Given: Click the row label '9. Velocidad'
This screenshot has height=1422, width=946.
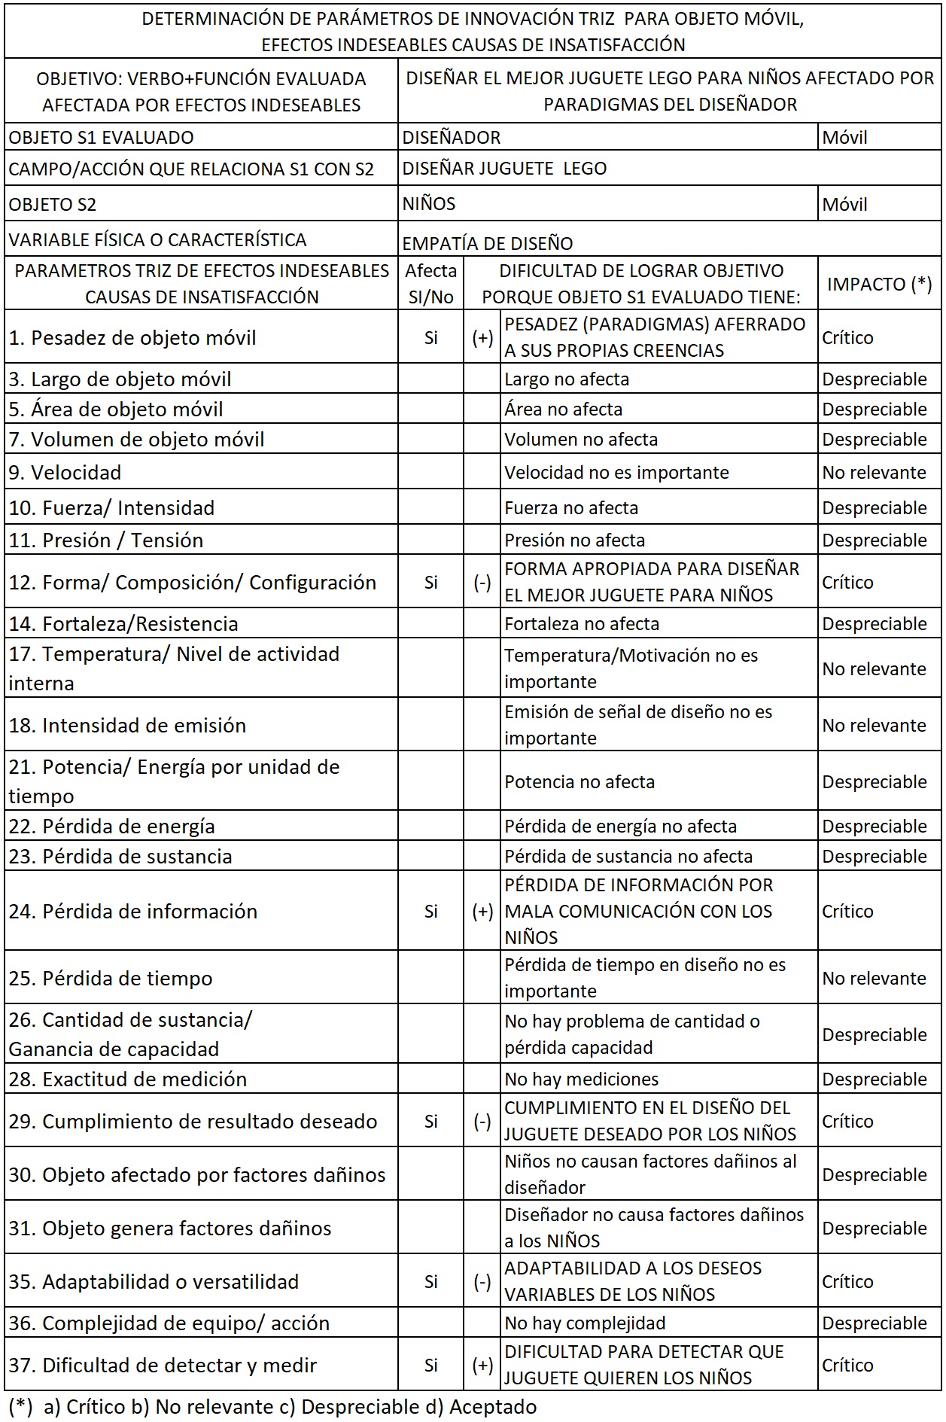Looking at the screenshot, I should click(65, 473).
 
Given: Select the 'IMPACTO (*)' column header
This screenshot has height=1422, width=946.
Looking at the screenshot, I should click(879, 284).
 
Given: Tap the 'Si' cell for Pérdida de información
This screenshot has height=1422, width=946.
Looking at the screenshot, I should click(430, 911).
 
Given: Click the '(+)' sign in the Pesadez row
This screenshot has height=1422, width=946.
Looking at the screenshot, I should click(482, 338).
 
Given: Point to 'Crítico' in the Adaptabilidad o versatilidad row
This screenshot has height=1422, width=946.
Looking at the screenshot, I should click(847, 1281).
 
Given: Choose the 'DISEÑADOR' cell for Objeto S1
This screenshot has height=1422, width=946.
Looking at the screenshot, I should click(452, 138).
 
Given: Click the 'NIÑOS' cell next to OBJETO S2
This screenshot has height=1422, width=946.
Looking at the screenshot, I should click(429, 204).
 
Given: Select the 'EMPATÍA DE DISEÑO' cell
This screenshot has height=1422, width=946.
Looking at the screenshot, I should click(488, 243).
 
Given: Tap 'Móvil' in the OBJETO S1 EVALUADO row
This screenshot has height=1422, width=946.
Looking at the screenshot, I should click(844, 138).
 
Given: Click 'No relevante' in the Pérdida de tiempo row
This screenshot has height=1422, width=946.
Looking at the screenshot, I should click(874, 978).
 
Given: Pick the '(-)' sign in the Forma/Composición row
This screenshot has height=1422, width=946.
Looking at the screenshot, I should click(482, 582).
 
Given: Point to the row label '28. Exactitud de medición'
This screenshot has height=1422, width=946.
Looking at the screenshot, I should click(128, 1079).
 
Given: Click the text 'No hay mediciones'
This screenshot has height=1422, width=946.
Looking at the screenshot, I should click(581, 1079).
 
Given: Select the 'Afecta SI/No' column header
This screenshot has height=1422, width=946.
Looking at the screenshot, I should click(430, 284).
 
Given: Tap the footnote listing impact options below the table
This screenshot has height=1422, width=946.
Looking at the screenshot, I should click(272, 1406).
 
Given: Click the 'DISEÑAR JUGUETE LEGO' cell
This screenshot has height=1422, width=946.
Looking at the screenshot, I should click(504, 169).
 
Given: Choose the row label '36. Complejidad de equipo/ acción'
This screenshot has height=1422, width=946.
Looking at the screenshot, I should click(169, 1323).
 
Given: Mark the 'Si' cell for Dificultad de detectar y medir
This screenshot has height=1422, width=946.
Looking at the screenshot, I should click(430, 1365).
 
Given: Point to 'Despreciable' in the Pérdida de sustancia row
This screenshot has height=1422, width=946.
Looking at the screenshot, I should click(874, 856).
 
